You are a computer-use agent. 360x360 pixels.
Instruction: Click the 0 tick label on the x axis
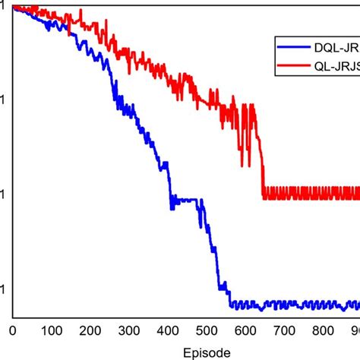click(12, 330)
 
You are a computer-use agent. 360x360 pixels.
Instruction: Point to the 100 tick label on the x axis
click(52, 330)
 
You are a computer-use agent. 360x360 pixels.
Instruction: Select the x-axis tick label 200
click(90, 330)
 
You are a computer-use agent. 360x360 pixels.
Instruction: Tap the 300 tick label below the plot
click(129, 330)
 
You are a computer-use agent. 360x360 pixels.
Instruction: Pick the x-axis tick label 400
click(168, 330)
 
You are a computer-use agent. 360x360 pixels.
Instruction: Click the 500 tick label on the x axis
click(207, 330)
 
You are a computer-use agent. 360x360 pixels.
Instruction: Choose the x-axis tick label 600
click(245, 330)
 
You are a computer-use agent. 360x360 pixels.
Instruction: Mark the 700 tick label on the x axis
click(284, 330)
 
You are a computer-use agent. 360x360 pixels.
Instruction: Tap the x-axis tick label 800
click(323, 330)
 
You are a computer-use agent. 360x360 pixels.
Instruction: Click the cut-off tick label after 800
click(355, 330)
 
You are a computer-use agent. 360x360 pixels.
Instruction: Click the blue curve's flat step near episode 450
click(187, 201)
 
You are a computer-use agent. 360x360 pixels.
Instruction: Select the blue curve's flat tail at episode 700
click(284, 305)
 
